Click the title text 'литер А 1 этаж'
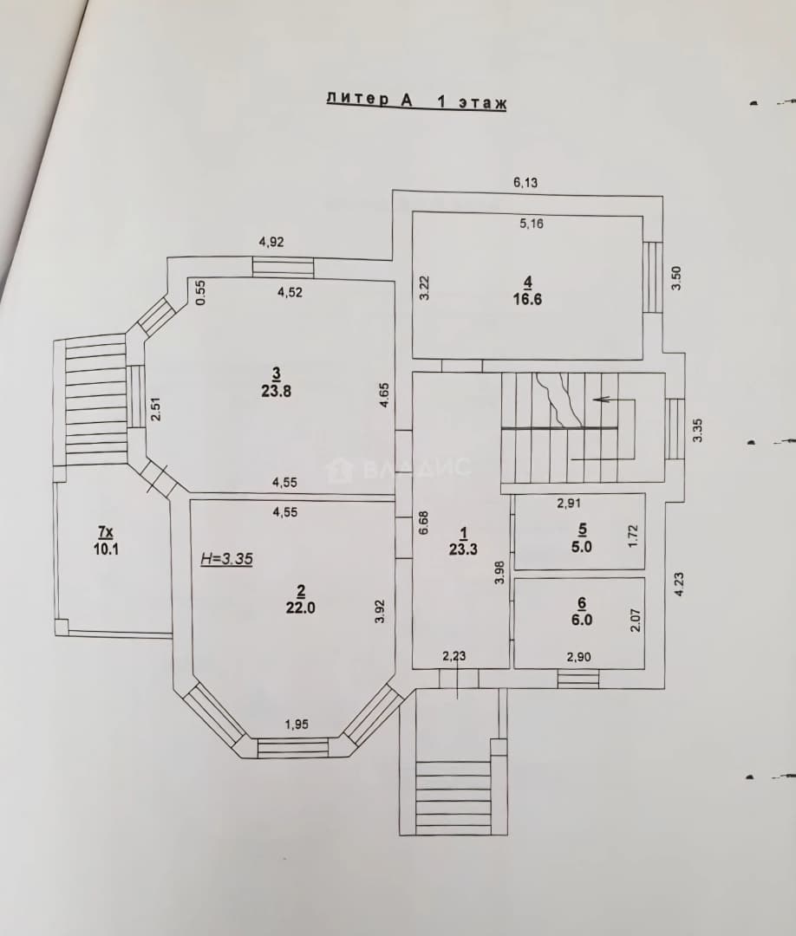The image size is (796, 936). [x=416, y=101]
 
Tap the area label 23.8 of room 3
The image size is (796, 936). [x=276, y=392]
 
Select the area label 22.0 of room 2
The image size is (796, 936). [x=301, y=608]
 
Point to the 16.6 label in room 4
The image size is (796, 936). [x=527, y=299]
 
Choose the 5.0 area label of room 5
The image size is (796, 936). [x=582, y=546]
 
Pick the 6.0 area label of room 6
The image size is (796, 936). [x=582, y=620]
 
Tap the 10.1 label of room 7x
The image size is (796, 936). [x=106, y=549]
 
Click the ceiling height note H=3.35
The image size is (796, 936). [x=226, y=559]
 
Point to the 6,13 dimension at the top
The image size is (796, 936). [x=525, y=183]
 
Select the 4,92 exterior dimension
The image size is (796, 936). [x=271, y=242]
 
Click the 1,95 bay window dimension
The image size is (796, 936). [x=297, y=725]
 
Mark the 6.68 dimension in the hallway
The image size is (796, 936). [x=425, y=523]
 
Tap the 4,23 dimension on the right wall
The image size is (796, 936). [x=679, y=584]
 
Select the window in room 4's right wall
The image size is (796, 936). [x=653, y=276]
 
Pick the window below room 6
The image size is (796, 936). [x=578, y=678]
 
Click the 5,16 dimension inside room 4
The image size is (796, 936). [x=532, y=224]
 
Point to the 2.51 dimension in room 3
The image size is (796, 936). [x=155, y=409]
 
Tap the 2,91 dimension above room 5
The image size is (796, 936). [x=569, y=503]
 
